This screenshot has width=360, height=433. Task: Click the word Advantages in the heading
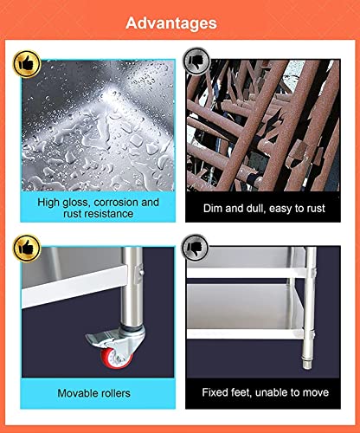tap(171, 23)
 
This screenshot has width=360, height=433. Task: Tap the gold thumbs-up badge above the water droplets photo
tap(27, 64)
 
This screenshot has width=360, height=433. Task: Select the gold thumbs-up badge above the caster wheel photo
tap(27, 248)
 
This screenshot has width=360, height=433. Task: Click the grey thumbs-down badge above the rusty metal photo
tap(196, 61)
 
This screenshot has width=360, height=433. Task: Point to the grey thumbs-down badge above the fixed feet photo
tap(195, 248)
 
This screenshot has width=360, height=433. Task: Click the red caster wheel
tap(115, 359)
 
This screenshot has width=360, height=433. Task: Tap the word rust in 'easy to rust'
tap(315, 209)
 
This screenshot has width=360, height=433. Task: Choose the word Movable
tap(74, 393)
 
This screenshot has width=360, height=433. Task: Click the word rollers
tap(112, 393)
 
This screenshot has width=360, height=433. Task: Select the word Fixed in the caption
tap(213, 392)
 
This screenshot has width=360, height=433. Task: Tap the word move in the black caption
tap(315, 393)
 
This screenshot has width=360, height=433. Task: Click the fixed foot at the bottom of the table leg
tap(307, 362)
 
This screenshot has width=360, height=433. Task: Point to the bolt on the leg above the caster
tap(142, 272)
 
